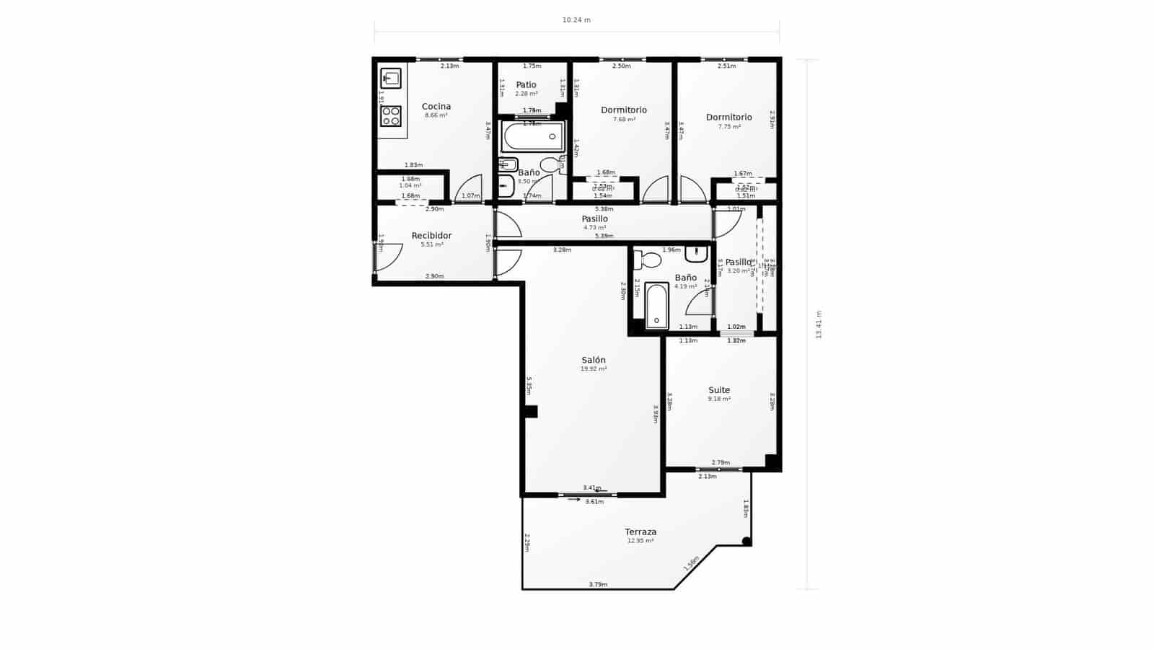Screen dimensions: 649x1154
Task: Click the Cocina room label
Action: tap(436, 107)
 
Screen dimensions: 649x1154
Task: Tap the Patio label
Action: tap(526, 85)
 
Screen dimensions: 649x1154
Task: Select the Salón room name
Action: tap(594, 360)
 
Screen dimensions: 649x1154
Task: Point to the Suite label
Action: tap(719, 390)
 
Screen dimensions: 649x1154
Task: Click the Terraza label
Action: tap(640, 532)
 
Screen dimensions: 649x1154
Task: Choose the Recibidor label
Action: tap(431, 236)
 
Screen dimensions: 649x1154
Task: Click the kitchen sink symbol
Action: tap(391, 78)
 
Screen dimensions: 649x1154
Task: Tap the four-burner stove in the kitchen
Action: tap(391, 116)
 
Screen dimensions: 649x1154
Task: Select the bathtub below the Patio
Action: tap(533, 136)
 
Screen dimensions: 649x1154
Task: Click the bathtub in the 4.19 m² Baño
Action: tap(656, 306)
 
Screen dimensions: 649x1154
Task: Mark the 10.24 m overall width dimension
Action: tap(576, 20)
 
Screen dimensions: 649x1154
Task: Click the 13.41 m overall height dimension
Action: tap(819, 324)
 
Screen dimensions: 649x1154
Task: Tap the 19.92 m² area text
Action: tap(594, 369)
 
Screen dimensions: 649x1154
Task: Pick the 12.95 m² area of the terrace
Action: tap(640, 541)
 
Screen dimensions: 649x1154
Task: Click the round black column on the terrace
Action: tap(746, 542)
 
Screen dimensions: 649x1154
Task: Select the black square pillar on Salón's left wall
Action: tap(531, 412)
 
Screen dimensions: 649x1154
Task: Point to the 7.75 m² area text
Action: tap(729, 127)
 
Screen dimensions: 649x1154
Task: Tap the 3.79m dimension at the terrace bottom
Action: tap(598, 584)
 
